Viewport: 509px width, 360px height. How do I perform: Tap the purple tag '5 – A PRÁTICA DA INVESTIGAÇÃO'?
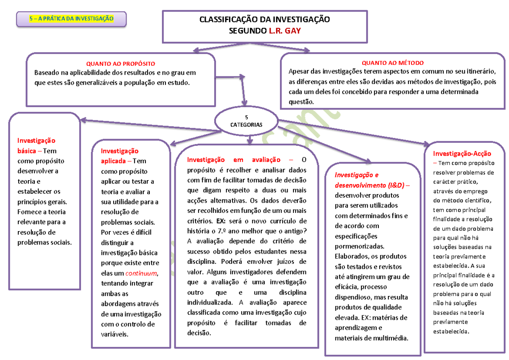pos(71,19)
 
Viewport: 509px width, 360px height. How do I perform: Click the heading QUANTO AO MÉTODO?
pos(392,63)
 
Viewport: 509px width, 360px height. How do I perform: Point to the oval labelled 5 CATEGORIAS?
pos(246,121)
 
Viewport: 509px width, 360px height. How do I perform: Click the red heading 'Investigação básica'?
pos(36,145)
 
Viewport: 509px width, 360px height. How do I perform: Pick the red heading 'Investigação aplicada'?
pos(119,156)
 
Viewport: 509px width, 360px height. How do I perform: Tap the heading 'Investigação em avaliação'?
pos(234,160)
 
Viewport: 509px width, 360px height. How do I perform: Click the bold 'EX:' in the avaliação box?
pos(221,221)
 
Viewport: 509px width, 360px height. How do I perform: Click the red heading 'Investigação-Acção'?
pos(462,153)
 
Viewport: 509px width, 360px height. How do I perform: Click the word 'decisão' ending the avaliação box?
pos(199,333)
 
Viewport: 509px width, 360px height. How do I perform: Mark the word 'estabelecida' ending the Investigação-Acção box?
pos(450,331)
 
